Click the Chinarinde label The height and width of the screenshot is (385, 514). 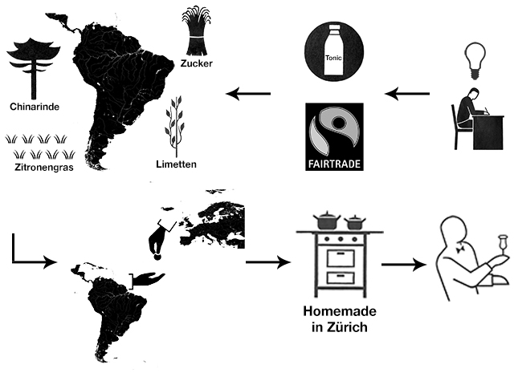point(34,105)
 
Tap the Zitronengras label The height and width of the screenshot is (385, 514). point(39,168)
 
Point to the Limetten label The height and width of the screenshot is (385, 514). point(177,164)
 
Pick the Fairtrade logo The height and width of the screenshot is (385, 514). point(334,136)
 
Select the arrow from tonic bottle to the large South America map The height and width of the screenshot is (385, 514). point(249,95)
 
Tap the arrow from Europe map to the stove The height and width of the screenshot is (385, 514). point(267,262)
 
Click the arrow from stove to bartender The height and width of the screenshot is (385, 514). point(402,264)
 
